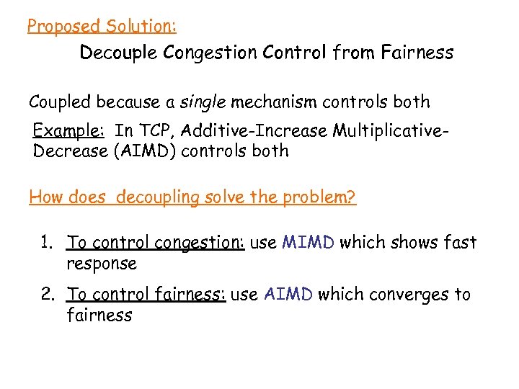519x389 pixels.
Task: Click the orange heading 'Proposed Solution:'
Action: click(x=102, y=27)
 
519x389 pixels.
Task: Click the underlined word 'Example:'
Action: click(x=69, y=131)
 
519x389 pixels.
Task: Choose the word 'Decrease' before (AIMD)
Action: click(x=69, y=151)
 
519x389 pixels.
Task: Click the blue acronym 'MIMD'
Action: click(x=308, y=242)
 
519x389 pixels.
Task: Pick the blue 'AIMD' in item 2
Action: click(x=288, y=294)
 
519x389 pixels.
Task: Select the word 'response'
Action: click(x=101, y=264)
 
